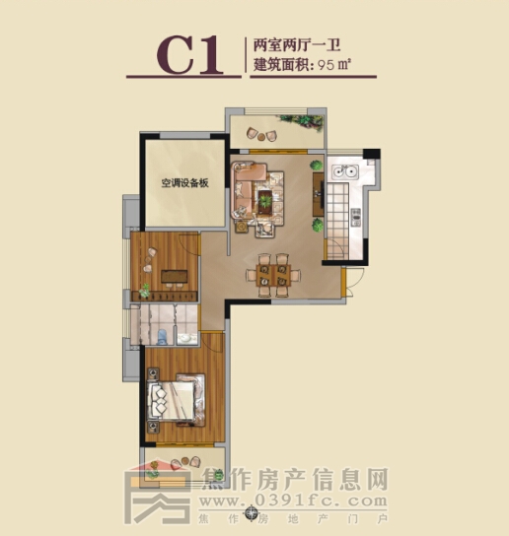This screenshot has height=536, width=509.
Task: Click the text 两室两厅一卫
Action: point(297,44)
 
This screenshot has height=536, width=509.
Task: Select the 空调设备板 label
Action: point(184,183)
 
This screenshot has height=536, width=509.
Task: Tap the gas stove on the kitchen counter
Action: point(356,218)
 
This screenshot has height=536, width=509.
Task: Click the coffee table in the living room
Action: point(265,199)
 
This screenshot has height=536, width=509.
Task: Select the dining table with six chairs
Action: point(273,275)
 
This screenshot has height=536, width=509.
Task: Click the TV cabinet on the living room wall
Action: point(319,194)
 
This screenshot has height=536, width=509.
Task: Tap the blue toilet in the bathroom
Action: point(162,336)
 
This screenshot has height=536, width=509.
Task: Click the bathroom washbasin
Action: point(186,339)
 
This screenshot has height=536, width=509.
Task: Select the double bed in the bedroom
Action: point(176,400)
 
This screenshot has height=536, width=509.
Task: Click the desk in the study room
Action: point(175,276)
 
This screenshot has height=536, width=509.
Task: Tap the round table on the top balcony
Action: point(261,137)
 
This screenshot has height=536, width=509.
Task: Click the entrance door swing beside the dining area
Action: point(352,283)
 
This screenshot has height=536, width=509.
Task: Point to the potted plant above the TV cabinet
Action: point(317,166)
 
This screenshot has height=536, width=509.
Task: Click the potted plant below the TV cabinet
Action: point(318,226)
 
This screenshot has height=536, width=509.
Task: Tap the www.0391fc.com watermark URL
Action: point(293,502)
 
